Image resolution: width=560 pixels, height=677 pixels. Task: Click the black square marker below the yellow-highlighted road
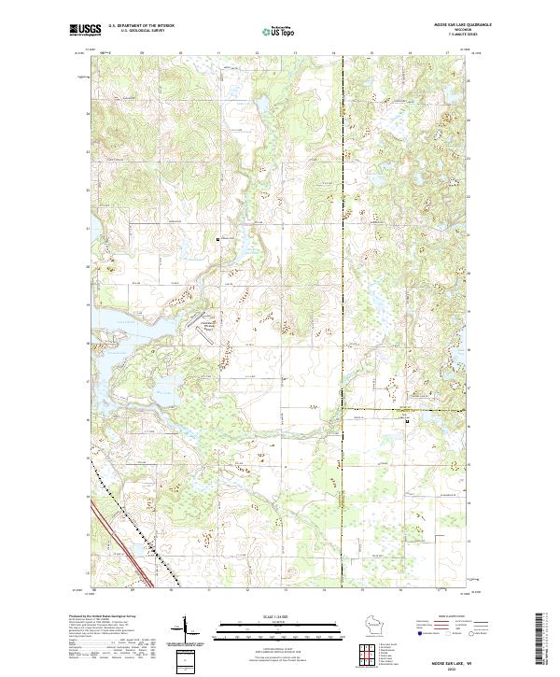[407, 420]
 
